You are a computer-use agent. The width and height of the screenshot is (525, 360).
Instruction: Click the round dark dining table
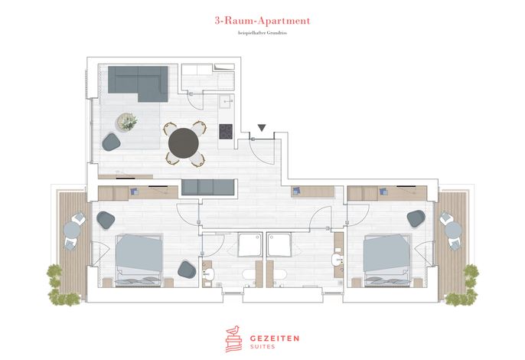coord(184,143)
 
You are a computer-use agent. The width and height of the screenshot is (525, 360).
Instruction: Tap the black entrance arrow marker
coord(262,128)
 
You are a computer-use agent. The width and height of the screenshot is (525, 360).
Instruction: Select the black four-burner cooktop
coord(226,132)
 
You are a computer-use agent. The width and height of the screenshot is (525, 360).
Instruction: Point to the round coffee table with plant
coord(127,121)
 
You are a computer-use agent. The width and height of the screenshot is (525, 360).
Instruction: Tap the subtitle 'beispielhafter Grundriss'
coord(262,33)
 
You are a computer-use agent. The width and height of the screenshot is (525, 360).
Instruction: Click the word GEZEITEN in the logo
coord(275,339)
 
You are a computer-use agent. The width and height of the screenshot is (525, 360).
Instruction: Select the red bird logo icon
coord(233,339)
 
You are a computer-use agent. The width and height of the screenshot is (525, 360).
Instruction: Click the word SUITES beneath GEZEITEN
coord(262,346)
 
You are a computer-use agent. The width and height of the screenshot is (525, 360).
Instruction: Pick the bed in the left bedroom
coord(139,260)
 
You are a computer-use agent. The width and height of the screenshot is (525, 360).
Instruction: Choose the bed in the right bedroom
coord(387,260)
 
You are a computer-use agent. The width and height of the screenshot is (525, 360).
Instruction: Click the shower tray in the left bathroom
coord(250,244)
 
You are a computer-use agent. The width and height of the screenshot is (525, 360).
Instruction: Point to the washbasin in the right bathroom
coord(338,260)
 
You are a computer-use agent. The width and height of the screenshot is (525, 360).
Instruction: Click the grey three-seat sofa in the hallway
coord(208,187)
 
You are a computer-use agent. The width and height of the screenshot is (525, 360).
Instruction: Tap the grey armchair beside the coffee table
coord(111,142)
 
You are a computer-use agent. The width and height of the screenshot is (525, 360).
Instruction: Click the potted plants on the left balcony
coord(61,286)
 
